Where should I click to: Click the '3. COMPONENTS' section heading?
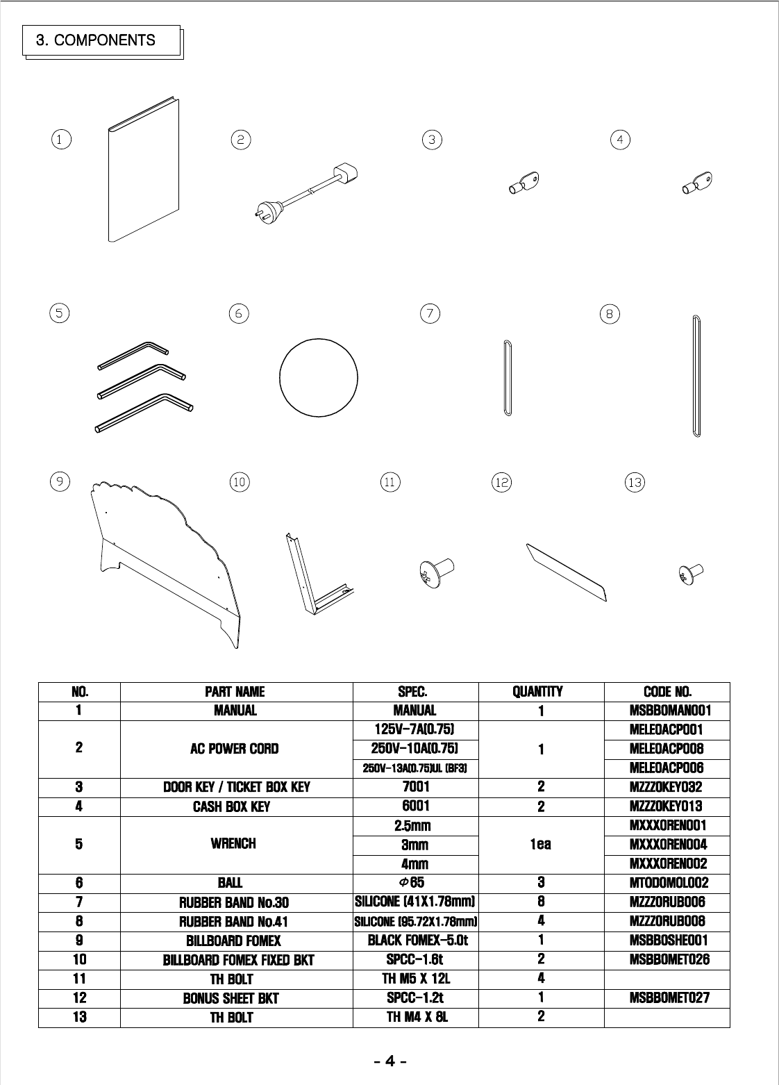tap(96, 40)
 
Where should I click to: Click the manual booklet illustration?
tap(144, 170)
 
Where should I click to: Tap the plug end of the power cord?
tap(267, 206)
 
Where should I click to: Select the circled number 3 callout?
tap(432, 140)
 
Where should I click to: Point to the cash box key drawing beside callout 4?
tap(695, 183)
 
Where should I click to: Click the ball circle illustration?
tap(318, 379)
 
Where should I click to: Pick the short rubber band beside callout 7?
tap(507, 378)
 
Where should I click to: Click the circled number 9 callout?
tap(60, 481)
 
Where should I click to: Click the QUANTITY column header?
tap(537, 692)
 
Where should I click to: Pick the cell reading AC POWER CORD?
tap(234, 749)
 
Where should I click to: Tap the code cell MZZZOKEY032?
tap(667, 787)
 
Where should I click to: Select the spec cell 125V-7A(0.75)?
tap(414, 729)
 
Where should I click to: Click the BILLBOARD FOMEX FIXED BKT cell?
tap(238, 960)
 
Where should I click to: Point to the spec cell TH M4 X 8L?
tap(415, 1017)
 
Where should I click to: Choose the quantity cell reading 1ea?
tap(540, 844)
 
